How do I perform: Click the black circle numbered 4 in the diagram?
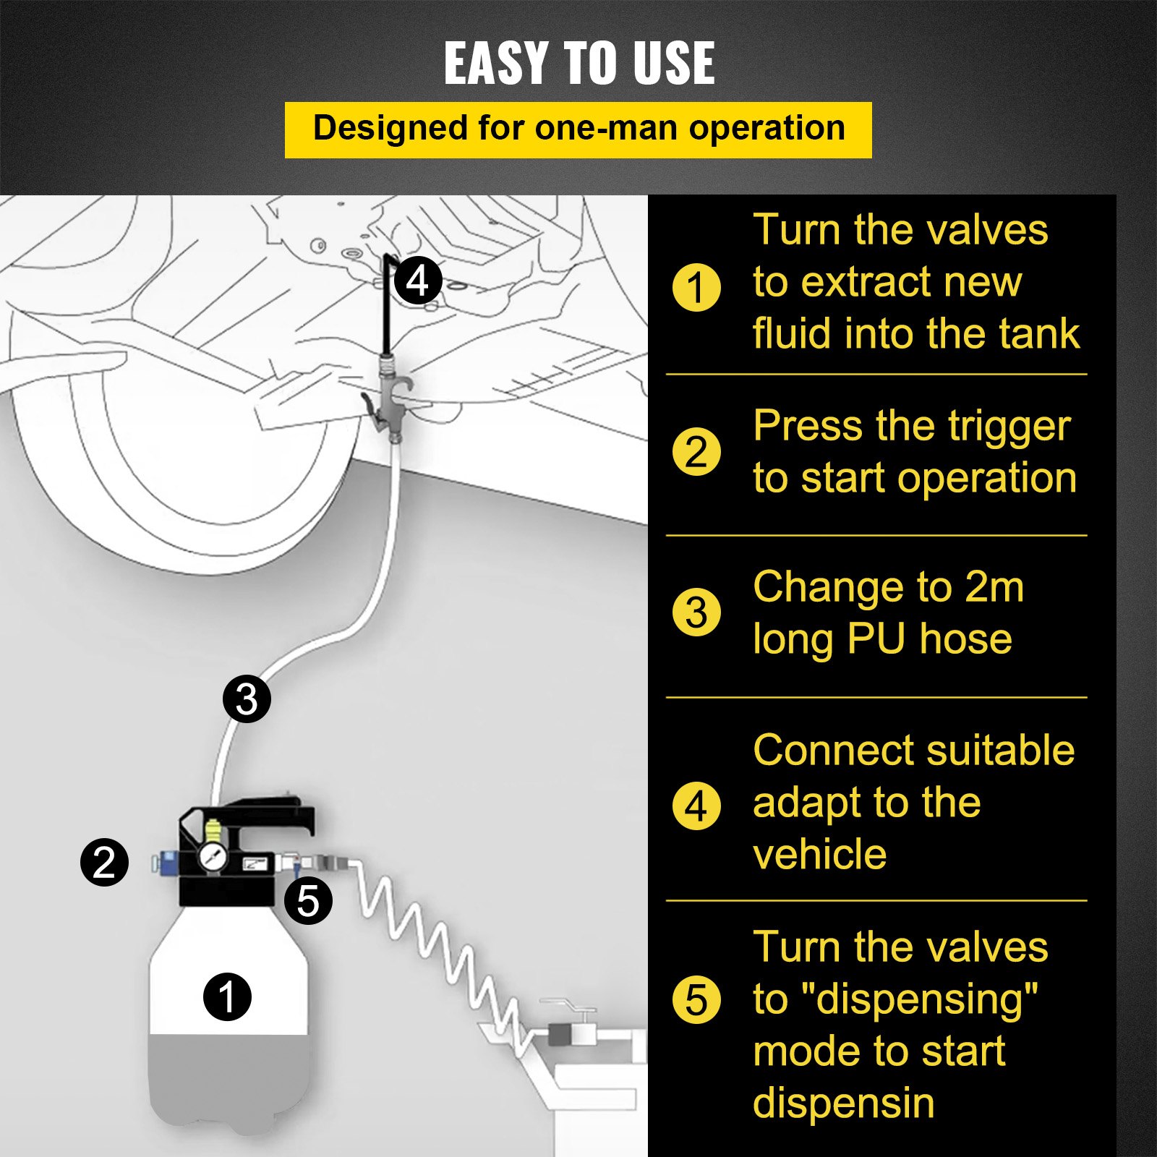click(x=418, y=281)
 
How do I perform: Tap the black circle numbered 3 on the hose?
click(x=247, y=699)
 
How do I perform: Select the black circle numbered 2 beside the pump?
click(x=105, y=862)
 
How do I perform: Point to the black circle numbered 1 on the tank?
click(x=227, y=996)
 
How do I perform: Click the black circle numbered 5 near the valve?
click(x=308, y=900)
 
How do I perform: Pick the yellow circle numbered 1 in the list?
click(x=696, y=287)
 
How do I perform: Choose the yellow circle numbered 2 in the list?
click(x=696, y=451)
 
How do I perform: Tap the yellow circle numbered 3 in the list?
click(x=696, y=612)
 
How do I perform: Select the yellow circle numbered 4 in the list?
click(x=696, y=806)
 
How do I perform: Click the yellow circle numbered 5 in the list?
click(x=696, y=1000)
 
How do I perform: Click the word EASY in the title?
click(x=496, y=63)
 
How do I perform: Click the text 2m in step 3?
click(x=994, y=586)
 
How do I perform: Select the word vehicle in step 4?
click(x=819, y=854)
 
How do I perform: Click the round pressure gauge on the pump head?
click(x=213, y=858)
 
